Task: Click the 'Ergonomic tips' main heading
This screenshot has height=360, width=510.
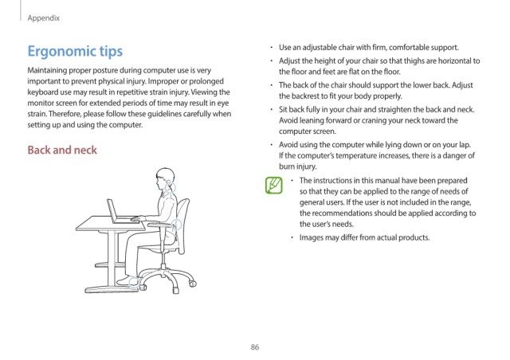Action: pyautogui.click(x=75, y=52)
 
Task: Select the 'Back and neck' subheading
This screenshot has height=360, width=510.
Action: pyautogui.click(x=62, y=150)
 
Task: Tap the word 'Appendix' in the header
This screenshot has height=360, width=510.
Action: pyautogui.click(x=44, y=18)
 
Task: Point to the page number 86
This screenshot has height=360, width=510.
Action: pyautogui.click(x=255, y=347)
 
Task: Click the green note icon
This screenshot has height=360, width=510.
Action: pyautogui.click(x=274, y=185)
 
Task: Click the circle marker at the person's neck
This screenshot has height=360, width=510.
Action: pyautogui.click(x=170, y=187)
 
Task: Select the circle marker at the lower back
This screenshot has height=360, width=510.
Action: pyautogui.click(x=176, y=224)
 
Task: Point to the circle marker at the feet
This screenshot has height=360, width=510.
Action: pyautogui.click(x=134, y=282)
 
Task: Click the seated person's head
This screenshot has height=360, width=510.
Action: pyautogui.click(x=165, y=179)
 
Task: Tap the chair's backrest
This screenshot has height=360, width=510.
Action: pyautogui.click(x=182, y=225)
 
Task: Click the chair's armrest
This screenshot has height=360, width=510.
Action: pyautogui.click(x=160, y=225)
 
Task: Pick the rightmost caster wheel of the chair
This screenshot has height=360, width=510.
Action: pyautogui.click(x=193, y=284)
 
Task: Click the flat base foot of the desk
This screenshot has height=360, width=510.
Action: pyautogui.click(x=112, y=289)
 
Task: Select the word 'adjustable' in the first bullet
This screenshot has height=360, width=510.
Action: pyautogui.click(x=320, y=48)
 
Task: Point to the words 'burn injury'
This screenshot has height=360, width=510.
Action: pyautogui.click(x=297, y=166)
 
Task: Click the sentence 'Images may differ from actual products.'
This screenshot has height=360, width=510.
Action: pyautogui.click(x=364, y=237)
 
